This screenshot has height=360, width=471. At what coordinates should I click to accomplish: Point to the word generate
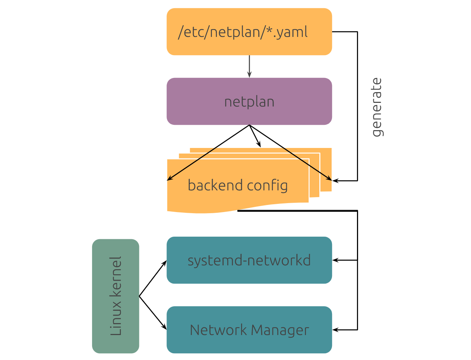click(377, 107)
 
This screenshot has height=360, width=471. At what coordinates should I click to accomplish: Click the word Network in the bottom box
click(218, 330)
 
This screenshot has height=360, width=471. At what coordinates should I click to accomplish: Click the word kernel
click(116, 276)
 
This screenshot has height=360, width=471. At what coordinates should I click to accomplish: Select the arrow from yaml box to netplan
click(249, 67)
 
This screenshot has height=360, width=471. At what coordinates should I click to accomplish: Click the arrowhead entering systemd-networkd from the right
click(335, 260)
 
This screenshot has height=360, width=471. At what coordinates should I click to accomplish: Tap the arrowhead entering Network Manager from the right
click(335, 330)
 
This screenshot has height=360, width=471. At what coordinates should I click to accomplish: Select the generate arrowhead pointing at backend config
click(335, 181)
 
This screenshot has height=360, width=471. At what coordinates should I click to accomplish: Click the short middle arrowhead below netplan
click(259, 145)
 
